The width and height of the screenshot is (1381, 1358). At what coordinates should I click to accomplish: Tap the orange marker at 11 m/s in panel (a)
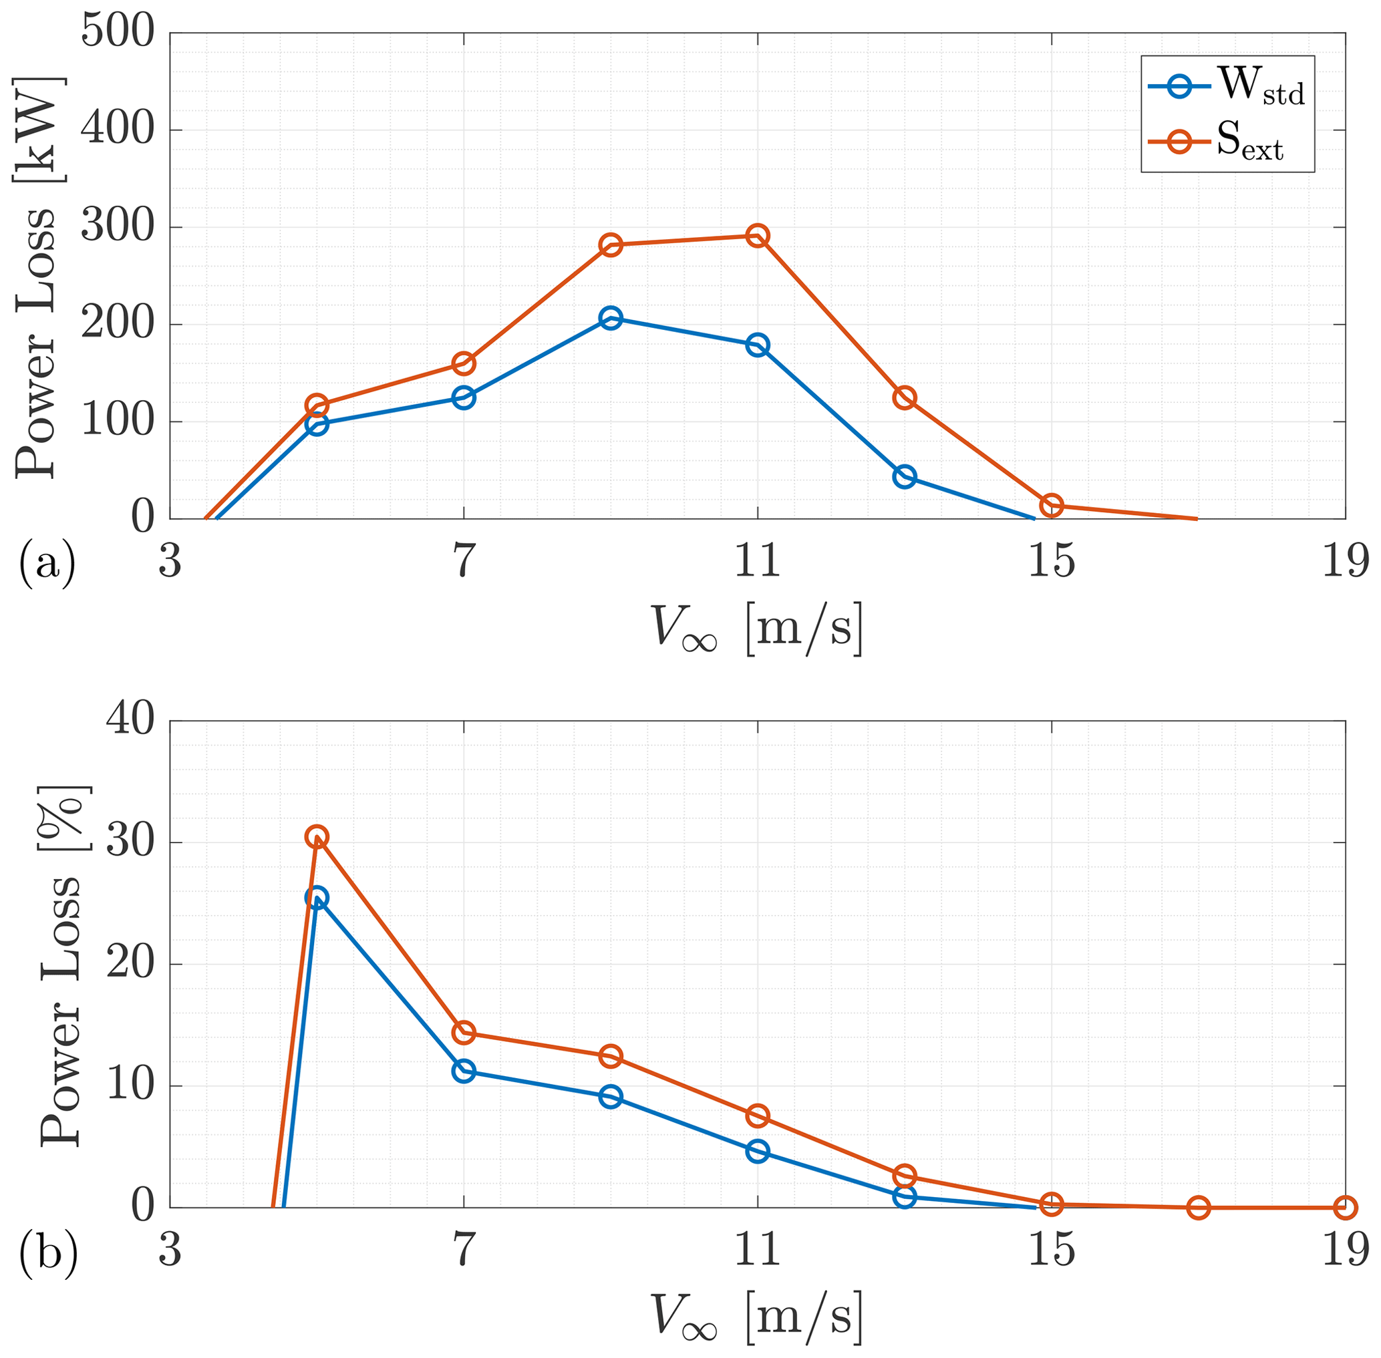(x=758, y=235)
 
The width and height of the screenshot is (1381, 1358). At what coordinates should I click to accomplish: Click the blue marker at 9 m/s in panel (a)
(x=611, y=318)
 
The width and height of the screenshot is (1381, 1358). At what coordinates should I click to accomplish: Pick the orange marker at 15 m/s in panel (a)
(x=1052, y=506)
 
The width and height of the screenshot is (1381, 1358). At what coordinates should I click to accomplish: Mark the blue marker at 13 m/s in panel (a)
(x=905, y=477)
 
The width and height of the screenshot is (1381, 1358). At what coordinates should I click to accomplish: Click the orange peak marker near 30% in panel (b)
(x=317, y=838)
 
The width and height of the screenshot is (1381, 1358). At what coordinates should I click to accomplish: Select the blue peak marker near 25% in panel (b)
(x=317, y=898)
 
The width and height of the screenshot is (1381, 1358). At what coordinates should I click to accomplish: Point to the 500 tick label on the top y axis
(x=118, y=33)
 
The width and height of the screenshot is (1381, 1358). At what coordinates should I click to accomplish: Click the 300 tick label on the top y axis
(x=118, y=228)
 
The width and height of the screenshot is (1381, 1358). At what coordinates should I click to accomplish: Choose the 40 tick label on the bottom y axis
(x=130, y=721)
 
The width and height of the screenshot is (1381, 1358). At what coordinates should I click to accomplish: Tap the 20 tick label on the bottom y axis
(x=130, y=965)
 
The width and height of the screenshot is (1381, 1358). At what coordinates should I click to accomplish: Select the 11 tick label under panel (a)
(x=758, y=561)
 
